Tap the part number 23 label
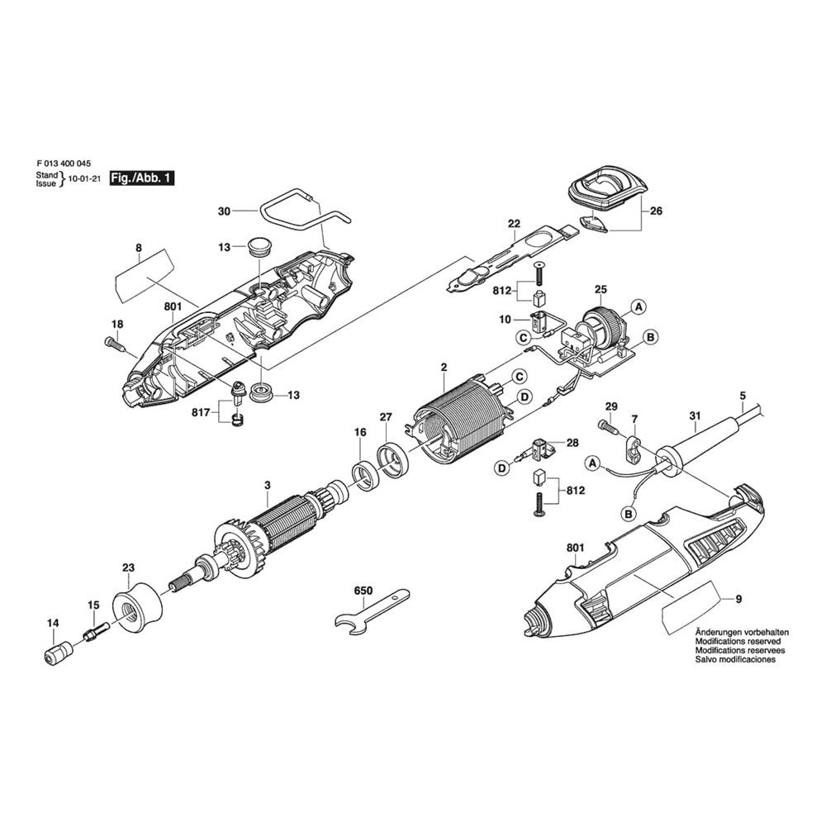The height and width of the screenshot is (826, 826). [x=127, y=567]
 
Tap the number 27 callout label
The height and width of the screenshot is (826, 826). [x=386, y=417]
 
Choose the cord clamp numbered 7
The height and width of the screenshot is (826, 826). [x=634, y=449]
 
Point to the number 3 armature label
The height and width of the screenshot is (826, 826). [x=267, y=486]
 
